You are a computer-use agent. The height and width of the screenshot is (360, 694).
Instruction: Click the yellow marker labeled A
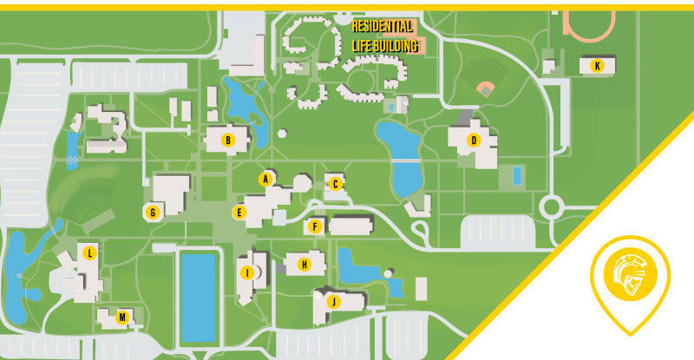tap(266, 180)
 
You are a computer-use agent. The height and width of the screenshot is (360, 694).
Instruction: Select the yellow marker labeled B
tap(228, 139)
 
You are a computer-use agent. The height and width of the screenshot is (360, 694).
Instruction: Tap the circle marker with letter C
tap(335, 183)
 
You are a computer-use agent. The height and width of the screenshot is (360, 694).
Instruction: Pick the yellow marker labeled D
tap(473, 140)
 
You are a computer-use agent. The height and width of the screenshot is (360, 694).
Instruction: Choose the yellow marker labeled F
tap(316, 227)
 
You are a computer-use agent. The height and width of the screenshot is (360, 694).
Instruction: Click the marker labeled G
tap(153, 212)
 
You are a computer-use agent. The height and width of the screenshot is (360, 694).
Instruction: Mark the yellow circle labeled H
tap(304, 265)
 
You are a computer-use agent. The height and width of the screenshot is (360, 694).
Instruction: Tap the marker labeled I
tap(247, 272)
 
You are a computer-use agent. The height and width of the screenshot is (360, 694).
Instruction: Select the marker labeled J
tap(332, 301)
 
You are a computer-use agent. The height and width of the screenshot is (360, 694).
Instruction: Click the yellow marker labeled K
tap(597, 65)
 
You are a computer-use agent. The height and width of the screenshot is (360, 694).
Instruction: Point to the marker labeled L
tap(89, 253)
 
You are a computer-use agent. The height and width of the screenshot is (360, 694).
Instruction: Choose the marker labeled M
tap(122, 317)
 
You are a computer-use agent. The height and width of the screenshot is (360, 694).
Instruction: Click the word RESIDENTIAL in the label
tap(383, 27)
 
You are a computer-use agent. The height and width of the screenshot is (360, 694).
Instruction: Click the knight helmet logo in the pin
tap(630, 278)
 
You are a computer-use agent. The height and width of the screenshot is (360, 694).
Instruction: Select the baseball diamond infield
tap(486, 88)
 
